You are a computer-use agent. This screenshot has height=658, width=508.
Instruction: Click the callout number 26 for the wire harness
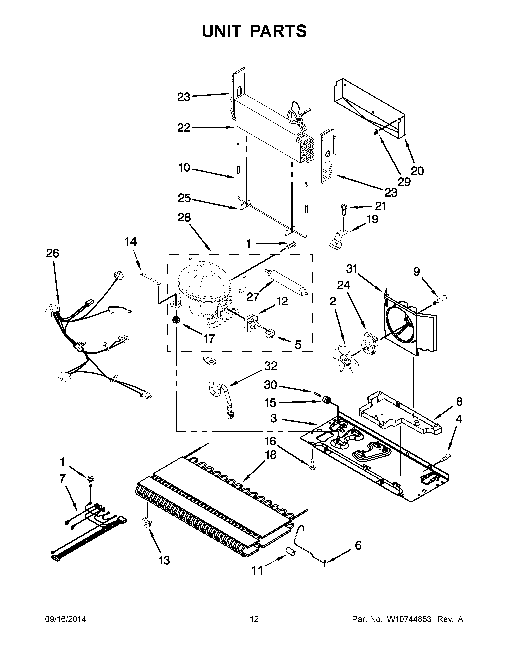(x=52, y=253)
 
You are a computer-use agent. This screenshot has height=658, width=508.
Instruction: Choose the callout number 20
(x=417, y=171)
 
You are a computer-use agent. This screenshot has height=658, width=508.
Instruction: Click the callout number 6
(x=358, y=545)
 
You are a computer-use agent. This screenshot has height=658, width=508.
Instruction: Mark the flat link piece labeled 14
(x=150, y=278)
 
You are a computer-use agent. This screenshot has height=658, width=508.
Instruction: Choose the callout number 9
(x=416, y=272)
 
